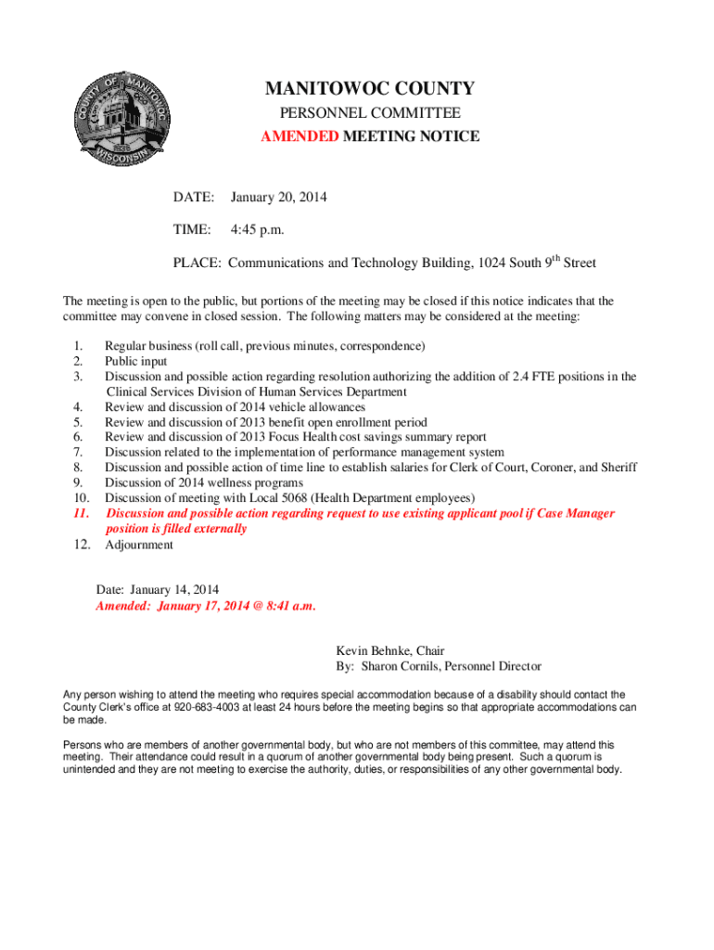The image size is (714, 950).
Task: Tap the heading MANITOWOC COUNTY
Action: pos(370,89)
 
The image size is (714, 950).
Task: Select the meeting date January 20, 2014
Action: pos(278,198)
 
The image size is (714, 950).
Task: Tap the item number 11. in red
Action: pos(83,513)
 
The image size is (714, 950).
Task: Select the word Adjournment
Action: pos(138,545)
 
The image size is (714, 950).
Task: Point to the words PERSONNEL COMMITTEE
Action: pos(370,113)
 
